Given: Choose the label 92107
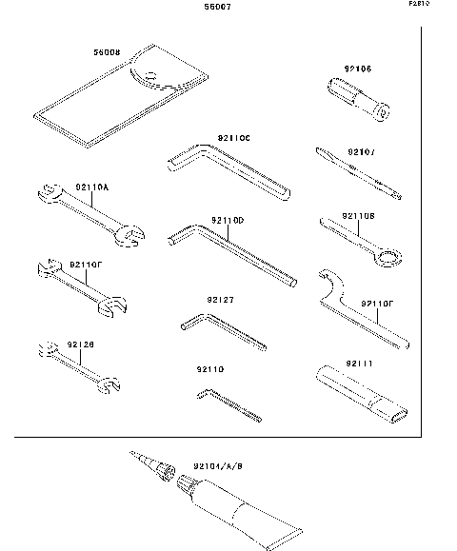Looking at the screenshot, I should (362, 151).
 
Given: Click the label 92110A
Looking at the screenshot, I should (93, 188).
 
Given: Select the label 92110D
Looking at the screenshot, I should (229, 220).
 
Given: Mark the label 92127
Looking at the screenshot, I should (220, 300).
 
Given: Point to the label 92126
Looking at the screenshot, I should (81, 344).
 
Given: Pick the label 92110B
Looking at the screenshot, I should (359, 216).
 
